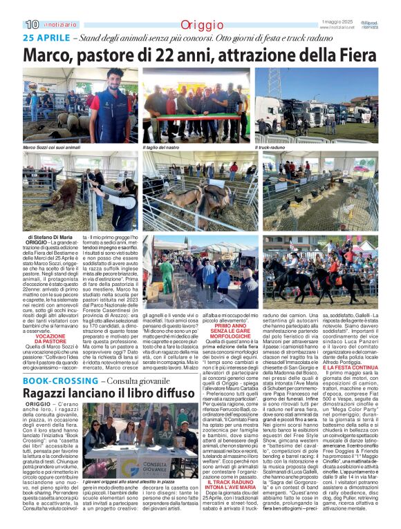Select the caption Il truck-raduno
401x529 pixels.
[271, 148]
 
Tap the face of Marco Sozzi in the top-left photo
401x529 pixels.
[115, 75]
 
